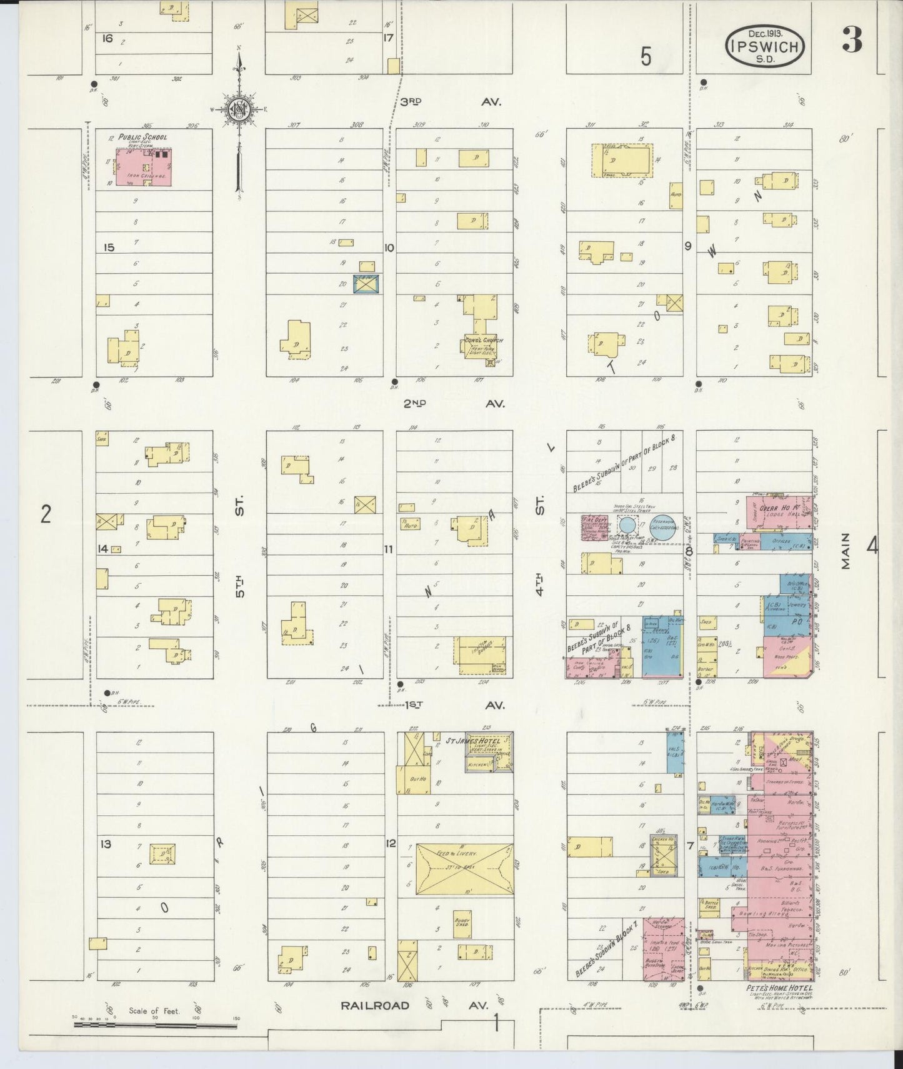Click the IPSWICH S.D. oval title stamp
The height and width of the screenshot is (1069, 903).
point(765,46)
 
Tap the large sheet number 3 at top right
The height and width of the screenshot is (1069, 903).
point(852,41)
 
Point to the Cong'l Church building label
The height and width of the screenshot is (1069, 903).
point(484,341)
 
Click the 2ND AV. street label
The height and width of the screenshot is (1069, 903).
point(454,404)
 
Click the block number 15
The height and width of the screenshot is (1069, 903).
point(109,248)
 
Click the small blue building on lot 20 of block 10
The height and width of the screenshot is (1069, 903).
point(366,284)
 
